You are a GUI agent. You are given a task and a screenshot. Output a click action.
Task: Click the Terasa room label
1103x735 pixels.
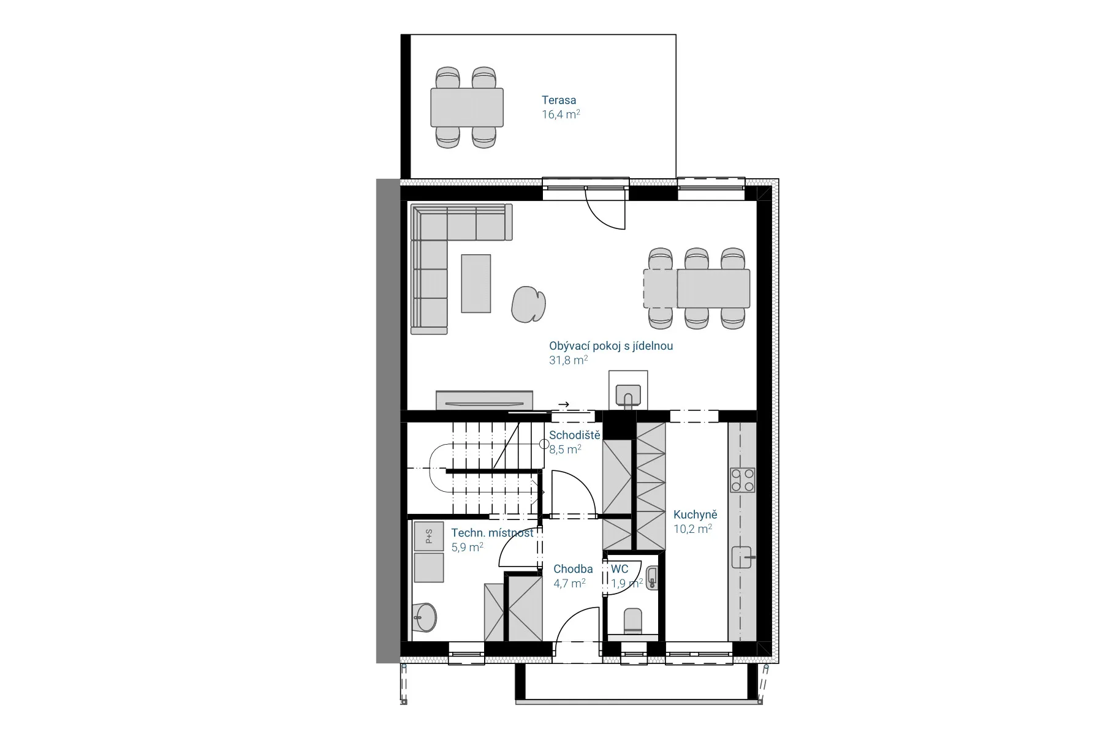(558, 100)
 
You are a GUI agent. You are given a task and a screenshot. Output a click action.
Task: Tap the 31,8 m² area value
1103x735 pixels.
(568, 360)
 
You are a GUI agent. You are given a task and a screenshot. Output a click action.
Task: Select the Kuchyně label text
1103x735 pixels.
(695, 514)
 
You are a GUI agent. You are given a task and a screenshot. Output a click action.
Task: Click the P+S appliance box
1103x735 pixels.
(429, 536)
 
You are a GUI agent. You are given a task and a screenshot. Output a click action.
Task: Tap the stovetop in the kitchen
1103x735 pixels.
(742, 480)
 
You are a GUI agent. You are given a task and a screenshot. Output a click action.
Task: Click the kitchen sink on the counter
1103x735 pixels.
(743, 557)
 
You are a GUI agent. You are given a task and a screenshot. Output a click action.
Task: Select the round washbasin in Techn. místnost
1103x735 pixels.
(424, 617)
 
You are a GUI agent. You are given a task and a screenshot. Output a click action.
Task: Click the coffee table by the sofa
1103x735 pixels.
(476, 284)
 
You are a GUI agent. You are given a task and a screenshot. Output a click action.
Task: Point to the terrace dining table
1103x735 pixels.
(467, 107)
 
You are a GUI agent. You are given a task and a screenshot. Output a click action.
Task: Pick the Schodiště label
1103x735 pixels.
(574, 435)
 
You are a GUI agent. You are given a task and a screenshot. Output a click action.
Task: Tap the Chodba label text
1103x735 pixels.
(573, 569)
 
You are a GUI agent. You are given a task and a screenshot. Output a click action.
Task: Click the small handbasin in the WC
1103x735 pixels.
(652, 578)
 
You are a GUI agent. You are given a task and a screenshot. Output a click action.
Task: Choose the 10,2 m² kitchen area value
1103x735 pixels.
(693, 529)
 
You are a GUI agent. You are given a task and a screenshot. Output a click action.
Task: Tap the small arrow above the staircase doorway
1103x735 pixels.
(564, 404)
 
